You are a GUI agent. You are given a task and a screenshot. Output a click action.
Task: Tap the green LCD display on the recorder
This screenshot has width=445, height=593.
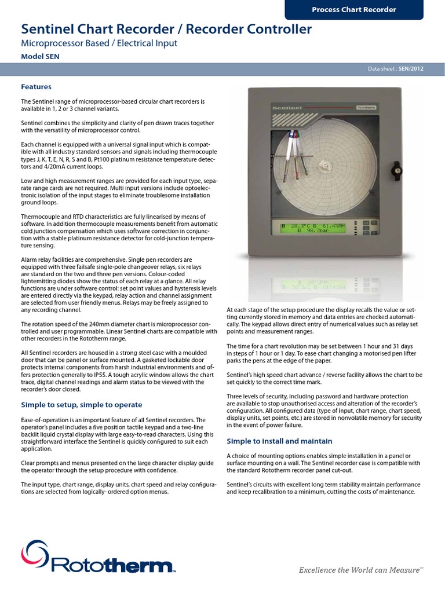click(x=317, y=229)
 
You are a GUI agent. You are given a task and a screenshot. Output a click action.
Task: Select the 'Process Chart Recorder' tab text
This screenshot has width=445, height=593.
click(x=353, y=9)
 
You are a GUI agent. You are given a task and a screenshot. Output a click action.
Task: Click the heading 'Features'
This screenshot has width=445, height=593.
click(x=37, y=87)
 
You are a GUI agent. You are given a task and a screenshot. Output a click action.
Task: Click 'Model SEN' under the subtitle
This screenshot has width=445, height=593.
click(x=40, y=56)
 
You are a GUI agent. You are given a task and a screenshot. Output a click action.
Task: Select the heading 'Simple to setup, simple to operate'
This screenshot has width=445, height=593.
click(x=81, y=404)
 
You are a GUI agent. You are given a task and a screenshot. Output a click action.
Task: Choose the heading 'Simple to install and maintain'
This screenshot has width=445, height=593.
click(x=279, y=441)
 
